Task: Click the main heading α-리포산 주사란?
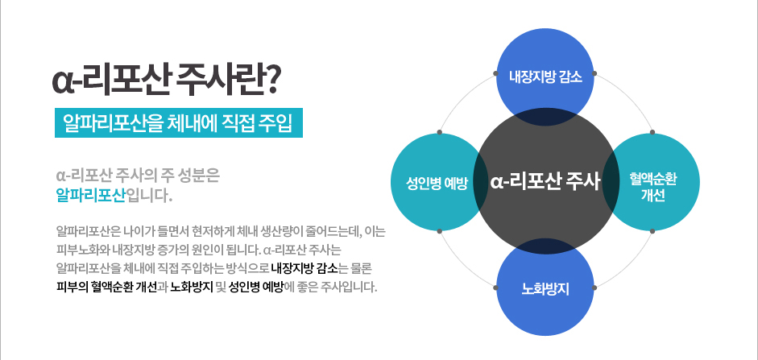click(165, 81)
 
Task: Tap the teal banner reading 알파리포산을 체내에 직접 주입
click(178, 122)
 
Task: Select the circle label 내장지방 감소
click(545, 77)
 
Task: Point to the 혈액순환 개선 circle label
click(652, 187)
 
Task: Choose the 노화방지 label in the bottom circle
click(545, 289)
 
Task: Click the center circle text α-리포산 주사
click(545, 182)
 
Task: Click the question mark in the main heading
click(270, 81)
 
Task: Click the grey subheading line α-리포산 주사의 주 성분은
click(138, 175)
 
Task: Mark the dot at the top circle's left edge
click(495, 73)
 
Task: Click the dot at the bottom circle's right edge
click(594, 288)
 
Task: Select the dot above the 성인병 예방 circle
click(439, 132)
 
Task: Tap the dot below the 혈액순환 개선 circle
click(652, 231)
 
